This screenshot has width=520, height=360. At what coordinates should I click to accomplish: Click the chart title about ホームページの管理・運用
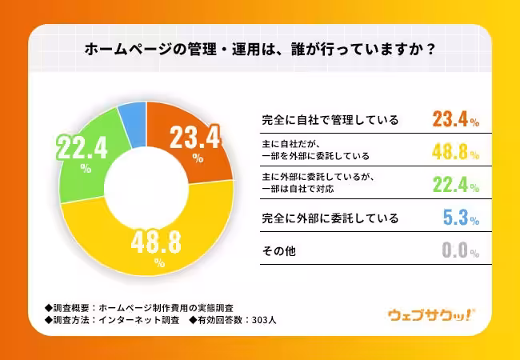(260, 48)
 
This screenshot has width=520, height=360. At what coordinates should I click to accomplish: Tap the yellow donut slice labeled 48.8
(152, 240)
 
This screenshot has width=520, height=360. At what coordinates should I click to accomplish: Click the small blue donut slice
(131, 120)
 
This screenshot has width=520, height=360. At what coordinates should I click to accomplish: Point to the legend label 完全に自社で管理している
(330, 121)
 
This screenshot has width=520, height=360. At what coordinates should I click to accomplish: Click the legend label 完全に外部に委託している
(330, 218)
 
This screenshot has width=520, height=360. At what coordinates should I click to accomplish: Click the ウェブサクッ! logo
(431, 314)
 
